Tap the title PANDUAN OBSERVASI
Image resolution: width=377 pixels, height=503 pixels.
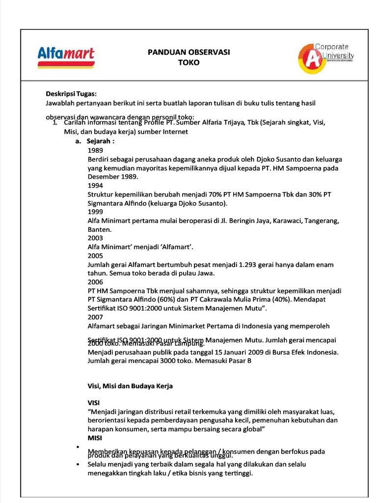click(x=189, y=52)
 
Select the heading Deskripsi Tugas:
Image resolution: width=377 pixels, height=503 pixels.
click(x=71, y=94)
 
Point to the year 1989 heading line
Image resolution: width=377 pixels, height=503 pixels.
click(x=95, y=151)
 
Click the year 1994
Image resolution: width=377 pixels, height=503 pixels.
click(x=95, y=186)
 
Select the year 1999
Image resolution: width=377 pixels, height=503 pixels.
click(x=95, y=212)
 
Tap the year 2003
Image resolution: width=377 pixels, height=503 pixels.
click(x=95, y=238)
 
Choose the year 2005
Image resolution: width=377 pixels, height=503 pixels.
click(x=95, y=256)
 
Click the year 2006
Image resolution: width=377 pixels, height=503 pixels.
click(x=95, y=282)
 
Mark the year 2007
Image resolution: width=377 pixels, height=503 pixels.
click(x=95, y=317)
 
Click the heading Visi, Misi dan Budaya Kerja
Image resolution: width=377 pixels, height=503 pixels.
click(x=130, y=386)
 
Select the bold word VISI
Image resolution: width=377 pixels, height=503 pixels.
click(x=93, y=403)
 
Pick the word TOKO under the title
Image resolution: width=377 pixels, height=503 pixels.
click(x=189, y=62)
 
